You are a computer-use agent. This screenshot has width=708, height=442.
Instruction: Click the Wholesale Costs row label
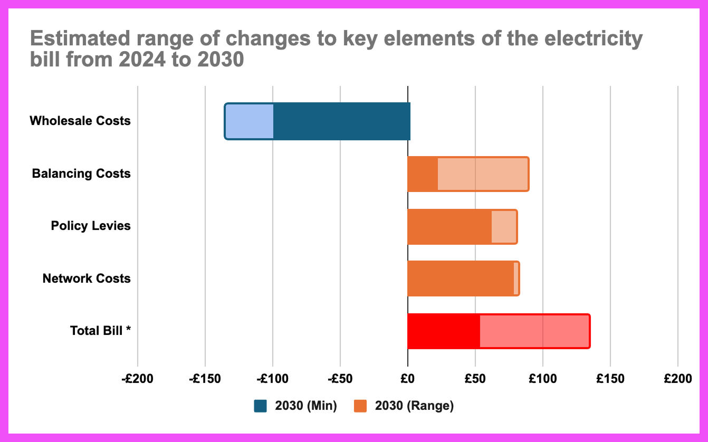80,121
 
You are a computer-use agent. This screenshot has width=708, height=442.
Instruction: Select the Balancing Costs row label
81,174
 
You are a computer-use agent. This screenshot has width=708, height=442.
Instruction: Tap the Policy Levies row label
91,226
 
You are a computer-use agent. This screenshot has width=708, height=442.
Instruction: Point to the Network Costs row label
87,278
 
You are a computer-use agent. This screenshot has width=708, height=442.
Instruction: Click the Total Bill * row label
100,331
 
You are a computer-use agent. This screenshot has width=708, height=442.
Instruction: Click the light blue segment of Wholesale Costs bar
250,121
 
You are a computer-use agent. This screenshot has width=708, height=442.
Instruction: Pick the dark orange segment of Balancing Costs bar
422,174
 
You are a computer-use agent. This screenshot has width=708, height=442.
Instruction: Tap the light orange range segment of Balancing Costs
483,174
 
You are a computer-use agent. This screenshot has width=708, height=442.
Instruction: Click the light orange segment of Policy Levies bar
503,227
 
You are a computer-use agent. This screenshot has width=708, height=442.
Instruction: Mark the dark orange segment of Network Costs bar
460,278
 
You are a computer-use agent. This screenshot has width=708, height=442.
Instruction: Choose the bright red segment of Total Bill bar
443,331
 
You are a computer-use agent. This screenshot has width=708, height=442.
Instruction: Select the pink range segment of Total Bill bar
534,331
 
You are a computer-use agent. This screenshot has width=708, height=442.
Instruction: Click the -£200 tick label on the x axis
137,379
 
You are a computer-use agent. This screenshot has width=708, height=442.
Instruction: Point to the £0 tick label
407,379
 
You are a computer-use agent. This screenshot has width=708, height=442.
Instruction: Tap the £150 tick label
610,379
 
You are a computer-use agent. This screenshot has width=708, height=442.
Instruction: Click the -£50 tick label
340,379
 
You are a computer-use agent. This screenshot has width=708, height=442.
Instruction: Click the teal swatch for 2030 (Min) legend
261,406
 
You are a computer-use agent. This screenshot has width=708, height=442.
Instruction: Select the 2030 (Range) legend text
414,406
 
